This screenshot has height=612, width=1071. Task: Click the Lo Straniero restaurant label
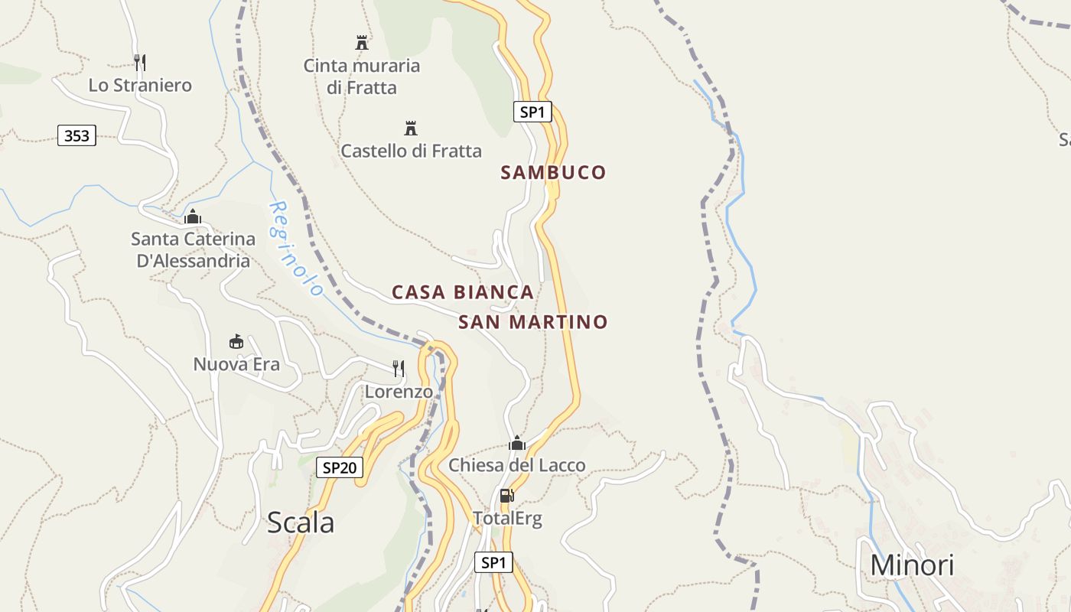(x=140, y=85)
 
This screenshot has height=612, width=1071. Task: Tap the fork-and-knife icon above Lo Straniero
(x=139, y=62)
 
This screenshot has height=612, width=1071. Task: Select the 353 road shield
(x=76, y=136)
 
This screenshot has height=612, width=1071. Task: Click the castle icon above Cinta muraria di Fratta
(x=362, y=42)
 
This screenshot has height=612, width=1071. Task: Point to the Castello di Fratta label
(x=411, y=151)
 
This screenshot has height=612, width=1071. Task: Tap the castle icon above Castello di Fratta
(x=411, y=128)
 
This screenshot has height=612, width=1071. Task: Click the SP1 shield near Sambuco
(x=532, y=112)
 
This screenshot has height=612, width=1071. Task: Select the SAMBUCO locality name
(x=553, y=173)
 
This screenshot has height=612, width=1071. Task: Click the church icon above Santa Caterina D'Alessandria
(x=192, y=217)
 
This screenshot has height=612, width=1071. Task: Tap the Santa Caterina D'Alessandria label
(x=193, y=250)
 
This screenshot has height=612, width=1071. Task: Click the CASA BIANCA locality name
(x=462, y=292)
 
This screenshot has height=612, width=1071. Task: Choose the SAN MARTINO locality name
(x=532, y=322)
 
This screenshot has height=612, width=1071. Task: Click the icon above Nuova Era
(x=236, y=341)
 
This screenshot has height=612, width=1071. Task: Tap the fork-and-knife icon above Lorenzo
(x=399, y=369)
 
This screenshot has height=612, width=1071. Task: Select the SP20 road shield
(x=339, y=467)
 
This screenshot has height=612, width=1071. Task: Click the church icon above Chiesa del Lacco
(x=518, y=443)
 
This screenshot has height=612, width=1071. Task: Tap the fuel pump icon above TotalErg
(x=506, y=496)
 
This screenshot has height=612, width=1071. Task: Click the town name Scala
(x=301, y=523)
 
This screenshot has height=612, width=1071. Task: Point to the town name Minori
(x=912, y=565)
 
